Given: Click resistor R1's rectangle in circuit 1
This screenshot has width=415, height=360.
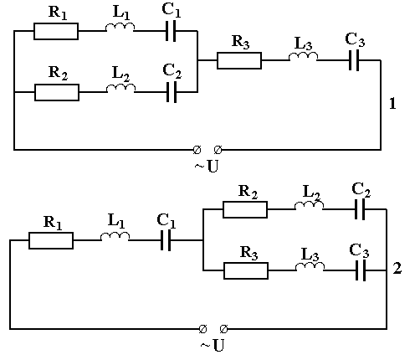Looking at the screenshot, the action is [x=56, y=31].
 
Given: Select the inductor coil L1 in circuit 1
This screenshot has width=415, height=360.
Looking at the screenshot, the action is [x=120, y=27].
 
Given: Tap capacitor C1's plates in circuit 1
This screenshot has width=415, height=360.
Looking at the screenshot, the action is [x=171, y=31].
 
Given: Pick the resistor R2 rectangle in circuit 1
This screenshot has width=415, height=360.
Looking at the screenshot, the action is [x=57, y=92].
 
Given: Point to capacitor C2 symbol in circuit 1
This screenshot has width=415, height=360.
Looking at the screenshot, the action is [x=172, y=92].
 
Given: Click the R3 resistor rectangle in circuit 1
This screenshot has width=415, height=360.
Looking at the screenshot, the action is [x=239, y=60].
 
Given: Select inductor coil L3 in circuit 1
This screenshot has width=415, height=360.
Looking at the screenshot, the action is [x=303, y=56].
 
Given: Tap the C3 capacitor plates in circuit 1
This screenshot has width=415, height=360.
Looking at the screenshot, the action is [x=354, y=60].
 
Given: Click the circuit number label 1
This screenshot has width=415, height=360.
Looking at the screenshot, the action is [x=392, y=104].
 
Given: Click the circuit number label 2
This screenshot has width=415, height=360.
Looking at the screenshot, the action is [x=397, y=268].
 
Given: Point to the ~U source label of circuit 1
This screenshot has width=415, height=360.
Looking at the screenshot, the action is [x=207, y=167].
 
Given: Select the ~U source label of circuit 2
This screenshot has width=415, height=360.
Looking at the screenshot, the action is [x=213, y=346].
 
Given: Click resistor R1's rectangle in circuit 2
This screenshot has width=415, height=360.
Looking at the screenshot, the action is [x=51, y=240].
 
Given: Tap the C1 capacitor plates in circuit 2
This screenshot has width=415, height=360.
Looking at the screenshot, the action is [x=166, y=240].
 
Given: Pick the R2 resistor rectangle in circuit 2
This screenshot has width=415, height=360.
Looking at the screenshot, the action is [x=245, y=209].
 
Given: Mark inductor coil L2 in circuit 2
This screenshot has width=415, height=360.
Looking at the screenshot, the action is [x=309, y=205].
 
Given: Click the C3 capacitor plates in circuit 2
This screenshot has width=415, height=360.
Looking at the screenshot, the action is [x=361, y=270].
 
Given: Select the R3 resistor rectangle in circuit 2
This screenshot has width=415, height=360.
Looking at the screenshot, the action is [x=246, y=270].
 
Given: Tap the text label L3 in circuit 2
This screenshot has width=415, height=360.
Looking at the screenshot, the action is [x=310, y=255].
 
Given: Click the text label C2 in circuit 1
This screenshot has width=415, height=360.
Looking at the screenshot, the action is [x=172, y=71].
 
